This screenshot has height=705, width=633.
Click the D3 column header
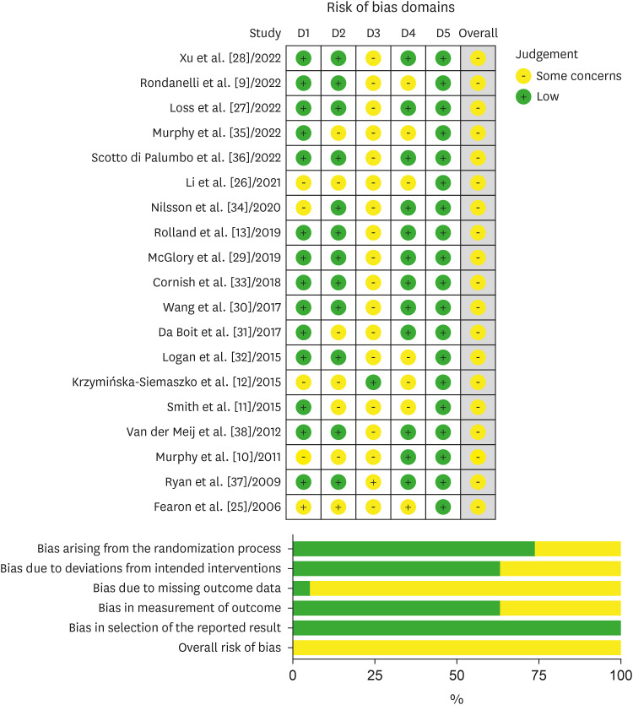point(373,34)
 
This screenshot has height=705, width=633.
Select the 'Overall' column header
point(478,34)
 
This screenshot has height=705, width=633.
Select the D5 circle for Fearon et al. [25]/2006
point(442,507)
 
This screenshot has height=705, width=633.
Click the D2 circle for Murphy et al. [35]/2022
point(338,133)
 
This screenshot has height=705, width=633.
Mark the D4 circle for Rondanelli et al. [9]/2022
point(408,84)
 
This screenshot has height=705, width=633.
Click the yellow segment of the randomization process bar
point(577,548)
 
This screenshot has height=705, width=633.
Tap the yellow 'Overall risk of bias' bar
point(457,647)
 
